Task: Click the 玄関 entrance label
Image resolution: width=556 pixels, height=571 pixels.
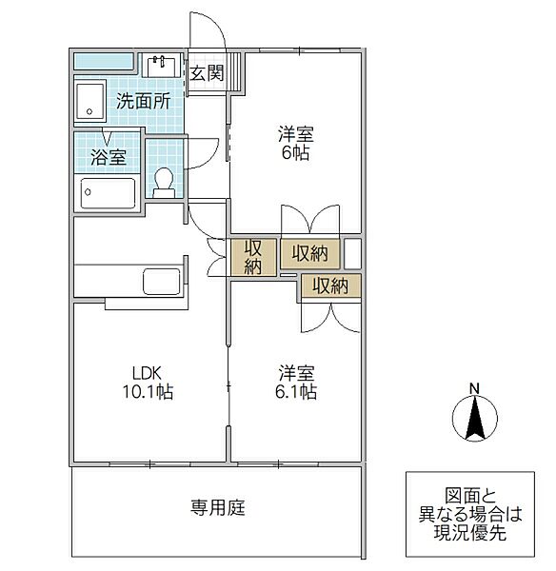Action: (207, 73)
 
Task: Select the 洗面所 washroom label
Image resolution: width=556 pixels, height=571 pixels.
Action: (143, 101)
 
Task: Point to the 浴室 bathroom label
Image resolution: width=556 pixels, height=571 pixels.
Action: (109, 157)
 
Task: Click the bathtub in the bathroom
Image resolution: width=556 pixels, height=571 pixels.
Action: (108, 192)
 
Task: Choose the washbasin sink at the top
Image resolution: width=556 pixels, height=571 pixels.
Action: (161, 66)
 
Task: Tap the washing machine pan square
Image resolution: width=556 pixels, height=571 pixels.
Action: (90, 101)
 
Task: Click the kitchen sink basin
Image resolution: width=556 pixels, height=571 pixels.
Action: (162, 281)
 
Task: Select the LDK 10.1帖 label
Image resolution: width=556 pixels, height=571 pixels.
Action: (148, 383)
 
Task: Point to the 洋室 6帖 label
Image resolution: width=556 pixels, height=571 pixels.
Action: (295, 144)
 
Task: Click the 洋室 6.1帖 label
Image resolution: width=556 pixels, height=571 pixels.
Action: (296, 383)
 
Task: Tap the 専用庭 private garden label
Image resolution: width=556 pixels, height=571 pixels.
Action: (218, 507)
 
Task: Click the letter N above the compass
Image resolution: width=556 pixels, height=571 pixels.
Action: (474, 389)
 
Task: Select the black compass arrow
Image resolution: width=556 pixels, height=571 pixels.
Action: (475, 418)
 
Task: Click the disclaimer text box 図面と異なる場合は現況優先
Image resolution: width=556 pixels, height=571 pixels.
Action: (470, 514)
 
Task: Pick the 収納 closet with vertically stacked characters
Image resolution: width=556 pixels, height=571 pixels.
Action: (253, 257)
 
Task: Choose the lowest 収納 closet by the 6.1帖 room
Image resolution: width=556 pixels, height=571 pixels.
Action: (330, 286)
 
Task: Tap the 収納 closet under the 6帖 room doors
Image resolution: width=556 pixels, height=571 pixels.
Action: (309, 253)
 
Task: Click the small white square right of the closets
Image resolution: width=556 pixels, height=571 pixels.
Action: (352, 254)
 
